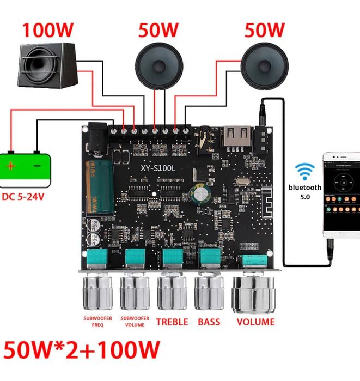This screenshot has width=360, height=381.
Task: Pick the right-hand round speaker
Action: pos(265,64)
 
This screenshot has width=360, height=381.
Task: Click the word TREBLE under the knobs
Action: pos(172,322)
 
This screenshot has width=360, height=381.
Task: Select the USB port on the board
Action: pos(237,137)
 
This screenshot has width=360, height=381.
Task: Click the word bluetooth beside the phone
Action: pos(306,187)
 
